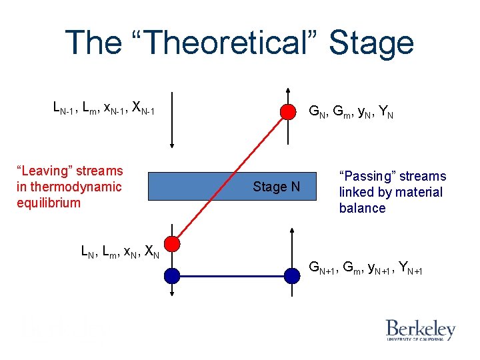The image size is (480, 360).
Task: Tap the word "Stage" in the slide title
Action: [371, 43]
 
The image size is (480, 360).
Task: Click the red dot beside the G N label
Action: [287, 111]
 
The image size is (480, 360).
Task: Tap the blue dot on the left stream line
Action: [172, 275]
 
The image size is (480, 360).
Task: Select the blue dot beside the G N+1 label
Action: [292, 275]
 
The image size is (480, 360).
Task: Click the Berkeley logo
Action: [420, 330]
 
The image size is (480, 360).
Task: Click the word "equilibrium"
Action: [49, 203]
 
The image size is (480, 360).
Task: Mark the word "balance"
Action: [362, 208]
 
